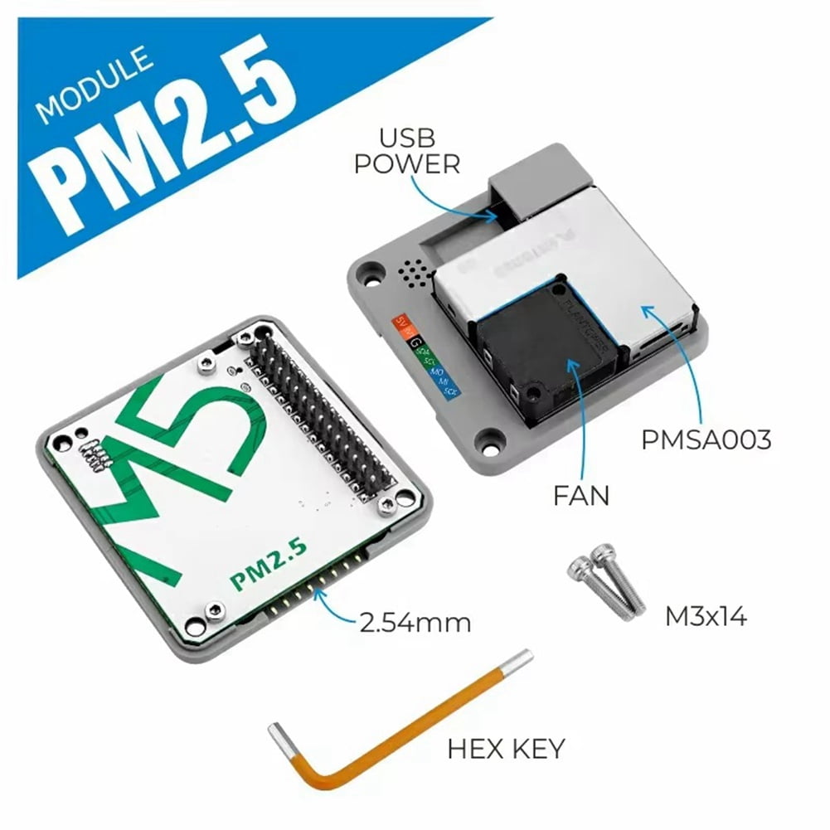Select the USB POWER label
tap(406, 151)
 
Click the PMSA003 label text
tap(706, 439)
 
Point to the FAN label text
tap(581, 496)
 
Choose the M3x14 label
tap(706, 616)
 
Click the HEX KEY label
tap(506, 749)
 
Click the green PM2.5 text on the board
tap(269, 564)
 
